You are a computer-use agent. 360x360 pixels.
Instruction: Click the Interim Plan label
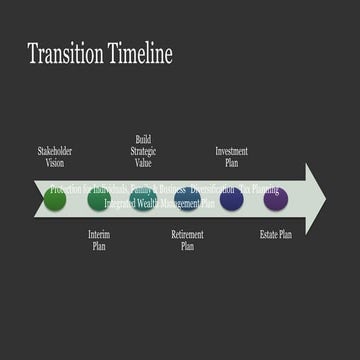[98, 240]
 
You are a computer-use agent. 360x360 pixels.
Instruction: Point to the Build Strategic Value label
[143, 150]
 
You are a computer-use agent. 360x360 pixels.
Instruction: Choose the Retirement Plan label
[187, 240]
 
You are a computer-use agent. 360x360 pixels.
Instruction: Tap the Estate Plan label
[276, 235]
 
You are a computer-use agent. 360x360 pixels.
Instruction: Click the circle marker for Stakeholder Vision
[55, 200]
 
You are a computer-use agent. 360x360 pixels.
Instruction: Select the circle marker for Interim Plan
[99, 200]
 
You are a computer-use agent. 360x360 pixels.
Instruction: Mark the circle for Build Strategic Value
[143, 200]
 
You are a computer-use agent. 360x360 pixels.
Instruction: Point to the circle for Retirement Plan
[187, 200]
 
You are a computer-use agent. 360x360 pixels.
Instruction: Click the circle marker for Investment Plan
[232, 200]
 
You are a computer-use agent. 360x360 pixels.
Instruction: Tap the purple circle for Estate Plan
[276, 200]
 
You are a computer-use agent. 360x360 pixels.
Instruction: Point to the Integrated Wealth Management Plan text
[160, 202]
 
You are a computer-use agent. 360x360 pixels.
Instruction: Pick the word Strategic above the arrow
[143, 150]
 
